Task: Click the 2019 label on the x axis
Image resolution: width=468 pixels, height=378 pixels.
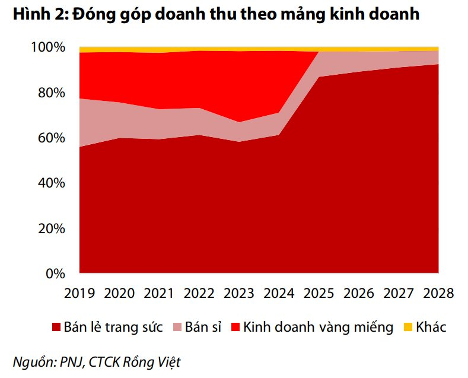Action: [81, 293]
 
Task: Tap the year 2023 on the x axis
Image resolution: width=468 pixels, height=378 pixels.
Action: [240, 293]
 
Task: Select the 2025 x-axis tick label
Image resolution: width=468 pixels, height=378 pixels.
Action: [320, 293]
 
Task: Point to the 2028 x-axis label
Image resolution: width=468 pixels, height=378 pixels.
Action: [438, 293]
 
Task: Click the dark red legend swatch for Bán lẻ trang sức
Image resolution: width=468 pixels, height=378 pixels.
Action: [56, 328]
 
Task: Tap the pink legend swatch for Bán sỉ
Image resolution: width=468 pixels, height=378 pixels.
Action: [176, 328]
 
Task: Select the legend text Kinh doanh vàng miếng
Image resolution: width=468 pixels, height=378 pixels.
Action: [318, 327]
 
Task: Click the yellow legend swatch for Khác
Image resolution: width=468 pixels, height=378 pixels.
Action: [407, 328]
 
